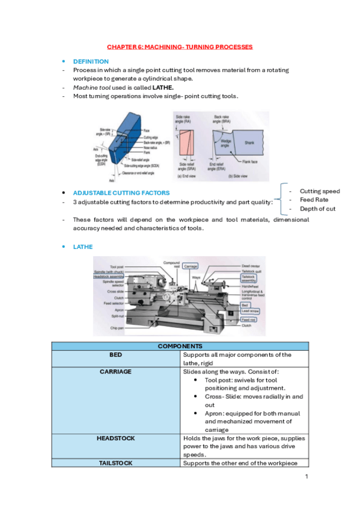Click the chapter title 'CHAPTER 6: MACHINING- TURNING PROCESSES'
[180, 46]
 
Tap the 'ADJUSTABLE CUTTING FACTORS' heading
[121, 193]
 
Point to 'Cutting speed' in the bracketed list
[319, 191]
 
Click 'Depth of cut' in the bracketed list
[317, 209]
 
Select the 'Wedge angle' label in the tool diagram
[225, 143]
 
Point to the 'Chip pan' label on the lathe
[117, 328]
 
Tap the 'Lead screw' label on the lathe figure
[250, 312]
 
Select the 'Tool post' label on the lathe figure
[117, 266]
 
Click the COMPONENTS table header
[180, 346]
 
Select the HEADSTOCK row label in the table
[116, 438]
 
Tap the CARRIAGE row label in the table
[116, 372]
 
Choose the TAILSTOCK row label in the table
[116, 463]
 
